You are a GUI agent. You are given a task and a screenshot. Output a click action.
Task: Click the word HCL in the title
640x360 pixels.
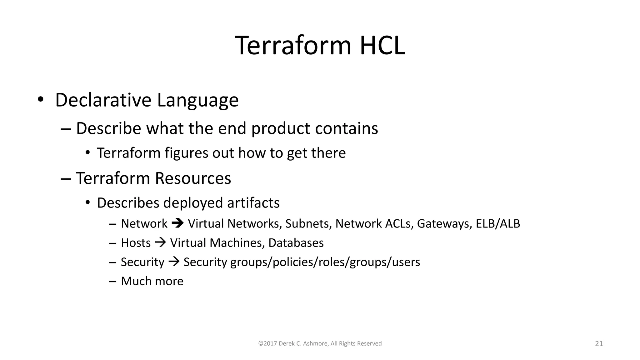pos(382,46)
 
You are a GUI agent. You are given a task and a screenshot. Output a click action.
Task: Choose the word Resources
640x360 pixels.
pos(193,178)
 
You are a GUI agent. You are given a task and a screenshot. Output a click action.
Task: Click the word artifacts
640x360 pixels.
pos(253,203)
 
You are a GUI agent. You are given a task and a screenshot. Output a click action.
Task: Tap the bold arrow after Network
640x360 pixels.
pos(177,223)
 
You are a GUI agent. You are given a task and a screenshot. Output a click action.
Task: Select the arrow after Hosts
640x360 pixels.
pos(160,242)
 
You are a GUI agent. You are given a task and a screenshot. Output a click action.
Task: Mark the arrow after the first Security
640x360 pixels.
pos(174,262)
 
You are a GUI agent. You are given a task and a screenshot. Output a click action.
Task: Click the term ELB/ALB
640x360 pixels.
pos(498,224)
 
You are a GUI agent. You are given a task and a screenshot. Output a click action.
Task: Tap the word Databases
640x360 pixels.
pos(296,243)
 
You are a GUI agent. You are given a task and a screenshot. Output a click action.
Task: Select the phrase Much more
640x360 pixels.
pos(152,281)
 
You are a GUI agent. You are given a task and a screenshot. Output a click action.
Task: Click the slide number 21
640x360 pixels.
pos(599,344)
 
